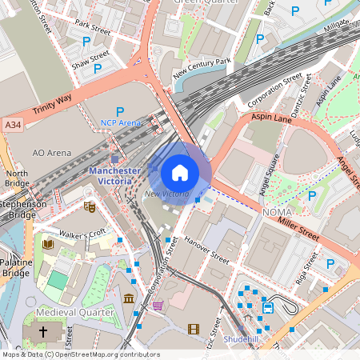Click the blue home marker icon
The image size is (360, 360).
pos(180,172)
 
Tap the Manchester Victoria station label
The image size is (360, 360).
pos(115,176)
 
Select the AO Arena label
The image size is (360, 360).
pos(50,151)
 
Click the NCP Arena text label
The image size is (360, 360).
pos(120,123)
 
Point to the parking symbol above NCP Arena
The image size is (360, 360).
pos(121,111)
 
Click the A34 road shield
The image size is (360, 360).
pos(12,126)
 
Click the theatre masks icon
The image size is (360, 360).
pos(90,207)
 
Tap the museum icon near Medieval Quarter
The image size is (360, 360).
pos(129,299)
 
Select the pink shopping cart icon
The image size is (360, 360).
pos(158,305)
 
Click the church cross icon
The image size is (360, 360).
pos(43,330)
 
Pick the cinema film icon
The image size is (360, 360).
pos(193,328)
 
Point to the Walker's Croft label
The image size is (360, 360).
pos(88,234)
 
